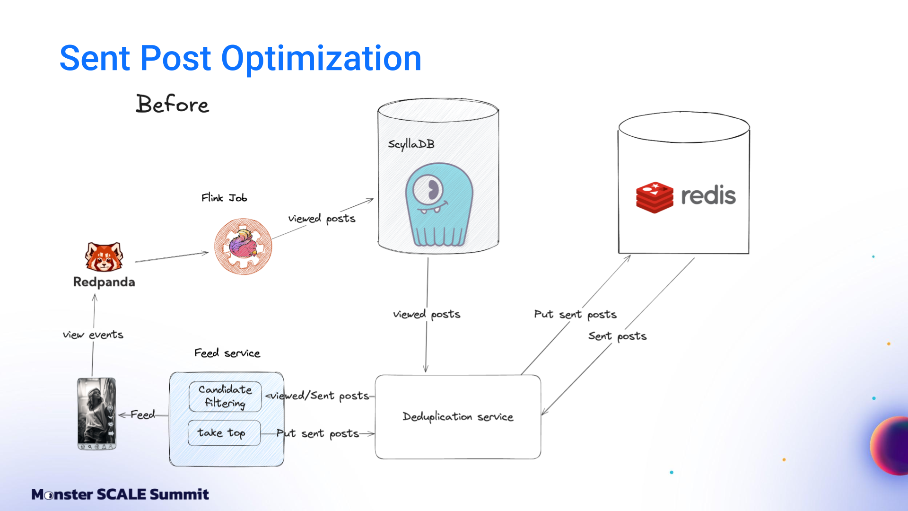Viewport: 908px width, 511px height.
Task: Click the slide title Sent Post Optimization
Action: pyautogui.click(x=240, y=58)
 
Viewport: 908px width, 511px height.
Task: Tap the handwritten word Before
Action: pyautogui.click(x=172, y=104)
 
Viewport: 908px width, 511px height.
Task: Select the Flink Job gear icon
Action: pyautogui.click(x=243, y=246)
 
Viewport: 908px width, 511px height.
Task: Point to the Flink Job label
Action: pyautogui.click(x=224, y=198)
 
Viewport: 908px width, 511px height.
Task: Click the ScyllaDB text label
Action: pyautogui.click(x=411, y=144)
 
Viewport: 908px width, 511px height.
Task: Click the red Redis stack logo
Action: pyautogui.click(x=655, y=197)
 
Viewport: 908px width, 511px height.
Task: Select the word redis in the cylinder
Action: pyautogui.click(x=708, y=195)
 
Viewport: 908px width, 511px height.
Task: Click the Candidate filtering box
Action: pyautogui.click(x=225, y=396)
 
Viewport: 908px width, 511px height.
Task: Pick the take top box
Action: pyautogui.click(x=224, y=433)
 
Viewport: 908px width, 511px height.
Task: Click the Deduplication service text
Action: pyautogui.click(x=458, y=417)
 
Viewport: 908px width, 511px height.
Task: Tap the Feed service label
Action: pyautogui.click(x=227, y=353)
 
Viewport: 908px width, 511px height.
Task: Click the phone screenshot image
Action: pyautogui.click(x=96, y=414)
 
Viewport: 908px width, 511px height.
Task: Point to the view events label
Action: pyautogui.click(x=93, y=335)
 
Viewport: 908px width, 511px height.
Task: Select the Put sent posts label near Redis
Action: pyautogui.click(x=575, y=315)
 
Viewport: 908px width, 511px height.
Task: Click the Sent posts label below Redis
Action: pyautogui.click(x=617, y=336)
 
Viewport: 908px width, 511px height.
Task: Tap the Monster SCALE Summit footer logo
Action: pyautogui.click(x=120, y=494)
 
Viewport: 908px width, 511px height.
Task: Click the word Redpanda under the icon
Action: pyautogui.click(x=104, y=282)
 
